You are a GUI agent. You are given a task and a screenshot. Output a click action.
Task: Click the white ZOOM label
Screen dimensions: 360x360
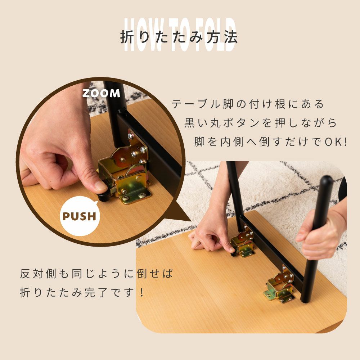pyautogui.click(x=101, y=93)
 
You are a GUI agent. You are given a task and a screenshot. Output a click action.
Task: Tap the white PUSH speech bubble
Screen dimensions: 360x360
pyautogui.click(x=80, y=216)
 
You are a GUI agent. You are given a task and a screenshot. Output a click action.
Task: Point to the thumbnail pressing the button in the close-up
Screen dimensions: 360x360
pyautogui.click(x=101, y=185)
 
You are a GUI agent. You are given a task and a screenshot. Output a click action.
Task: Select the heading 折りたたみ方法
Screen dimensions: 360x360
pyautogui.click(x=179, y=37)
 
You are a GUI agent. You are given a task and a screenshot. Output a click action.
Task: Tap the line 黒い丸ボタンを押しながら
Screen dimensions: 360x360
pyautogui.click(x=261, y=123)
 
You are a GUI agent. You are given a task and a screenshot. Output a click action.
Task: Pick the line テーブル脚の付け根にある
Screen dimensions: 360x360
pyautogui.click(x=248, y=104)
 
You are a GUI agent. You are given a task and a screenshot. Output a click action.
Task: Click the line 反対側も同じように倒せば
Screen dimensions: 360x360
pyautogui.click(x=96, y=274)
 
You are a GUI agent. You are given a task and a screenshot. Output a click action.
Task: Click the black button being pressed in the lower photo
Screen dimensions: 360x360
pyautogui.click(x=233, y=253)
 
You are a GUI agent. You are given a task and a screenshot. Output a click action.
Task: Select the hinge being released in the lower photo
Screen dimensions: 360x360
pyautogui.click(x=244, y=242)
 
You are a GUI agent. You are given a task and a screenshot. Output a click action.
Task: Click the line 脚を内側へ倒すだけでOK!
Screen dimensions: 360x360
pyautogui.click(x=271, y=142)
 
